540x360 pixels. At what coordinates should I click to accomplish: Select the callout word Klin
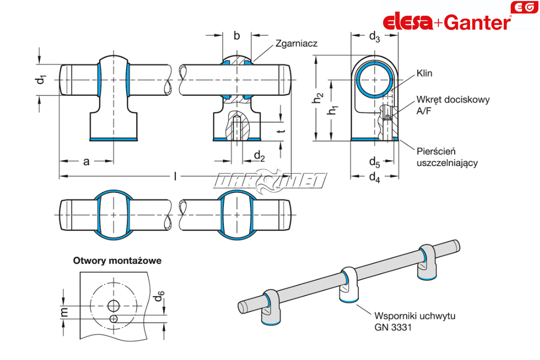click(424, 73)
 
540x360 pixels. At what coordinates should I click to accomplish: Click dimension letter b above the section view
click(237, 35)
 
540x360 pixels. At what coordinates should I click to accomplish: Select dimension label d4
click(374, 177)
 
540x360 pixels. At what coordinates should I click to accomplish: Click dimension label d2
click(259, 156)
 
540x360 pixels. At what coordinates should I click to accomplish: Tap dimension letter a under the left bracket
click(86, 161)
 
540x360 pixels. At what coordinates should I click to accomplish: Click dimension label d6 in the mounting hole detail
click(157, 297)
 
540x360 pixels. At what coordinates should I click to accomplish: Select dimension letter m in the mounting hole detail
click(64, 312)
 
